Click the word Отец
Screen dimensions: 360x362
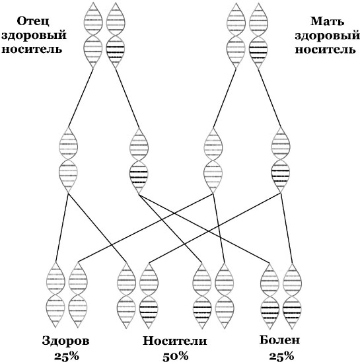[x=33, y=22]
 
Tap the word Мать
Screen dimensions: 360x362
[x=327, y=22]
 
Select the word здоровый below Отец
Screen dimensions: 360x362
[x=34, y=36]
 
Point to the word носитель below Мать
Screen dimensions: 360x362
[x=326, y=49]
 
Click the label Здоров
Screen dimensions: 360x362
[x=65, y=341]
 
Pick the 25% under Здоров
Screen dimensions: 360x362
[x=67, y=356]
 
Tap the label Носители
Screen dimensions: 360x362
[x=175, y=341]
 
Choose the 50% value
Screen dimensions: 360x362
[x=176, y=356]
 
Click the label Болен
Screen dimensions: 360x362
[x=279, y=340]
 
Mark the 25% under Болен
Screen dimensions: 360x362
[x=281, y=356]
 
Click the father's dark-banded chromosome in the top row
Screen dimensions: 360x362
[x=116, y=36]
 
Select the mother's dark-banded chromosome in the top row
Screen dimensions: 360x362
[x=258, y=36]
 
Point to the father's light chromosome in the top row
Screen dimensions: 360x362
[x=93, y=36]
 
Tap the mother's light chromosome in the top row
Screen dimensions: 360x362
[x=236, y=36]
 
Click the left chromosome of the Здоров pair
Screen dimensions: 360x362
[x=55, y=295]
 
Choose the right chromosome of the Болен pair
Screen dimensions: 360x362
[x=293, y=296]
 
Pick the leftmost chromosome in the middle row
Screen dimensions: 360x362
[x=68, y=160]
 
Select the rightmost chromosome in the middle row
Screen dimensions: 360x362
[x=281, y=160]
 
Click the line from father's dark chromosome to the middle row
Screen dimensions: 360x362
[x=127, y=98]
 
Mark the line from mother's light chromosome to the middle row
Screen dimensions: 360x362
[x=225, y=98]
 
